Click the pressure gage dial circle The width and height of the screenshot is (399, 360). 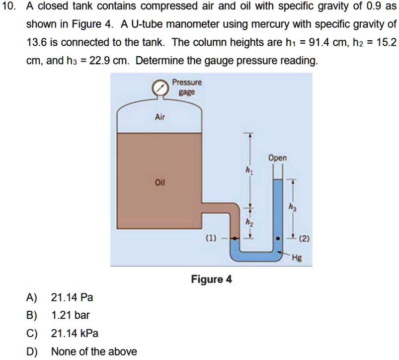159,89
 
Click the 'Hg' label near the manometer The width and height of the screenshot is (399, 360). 297,259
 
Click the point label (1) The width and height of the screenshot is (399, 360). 212,238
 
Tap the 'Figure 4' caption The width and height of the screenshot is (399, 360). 212,278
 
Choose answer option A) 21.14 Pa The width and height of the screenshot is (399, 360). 73,298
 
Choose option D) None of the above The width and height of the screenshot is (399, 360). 93,352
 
